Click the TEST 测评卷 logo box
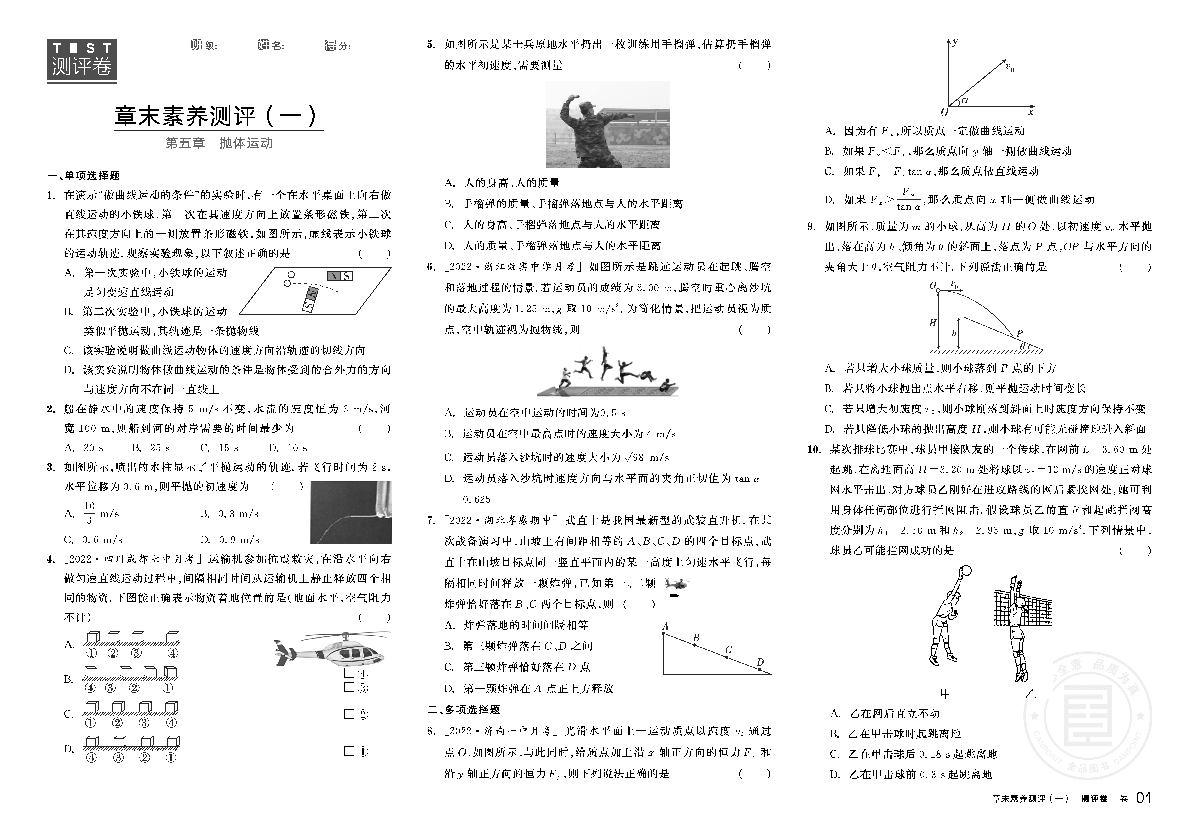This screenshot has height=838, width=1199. (82, 61)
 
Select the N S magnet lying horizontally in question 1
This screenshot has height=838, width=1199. (340, 276)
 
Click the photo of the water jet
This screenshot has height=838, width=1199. (350, 512)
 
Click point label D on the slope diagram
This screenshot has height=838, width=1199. (760, 662)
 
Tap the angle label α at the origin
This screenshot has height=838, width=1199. (965, 101)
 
